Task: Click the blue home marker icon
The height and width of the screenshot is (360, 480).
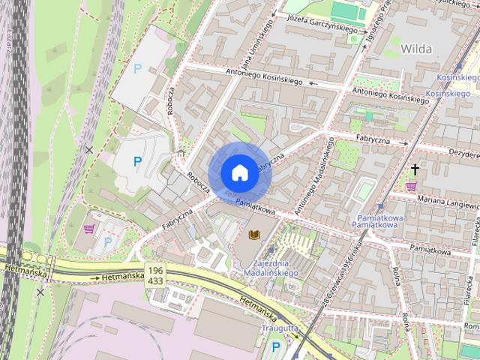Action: click(239, 172)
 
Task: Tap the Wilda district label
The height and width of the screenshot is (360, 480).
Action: click(416, 49)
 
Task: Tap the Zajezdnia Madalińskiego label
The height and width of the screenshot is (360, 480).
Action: click(271, 268)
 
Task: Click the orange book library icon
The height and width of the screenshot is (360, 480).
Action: click(254, 235)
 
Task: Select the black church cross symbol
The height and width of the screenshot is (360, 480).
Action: click(415, 170)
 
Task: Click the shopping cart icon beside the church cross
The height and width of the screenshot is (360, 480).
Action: click(411, 185)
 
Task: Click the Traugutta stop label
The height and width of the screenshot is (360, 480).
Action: click(280, 328)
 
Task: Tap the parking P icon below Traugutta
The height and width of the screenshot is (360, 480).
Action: click(276, 346)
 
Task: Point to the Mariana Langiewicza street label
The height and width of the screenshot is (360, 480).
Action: click(447, 200)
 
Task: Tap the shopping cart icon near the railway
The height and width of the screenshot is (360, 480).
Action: click(89, 229)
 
